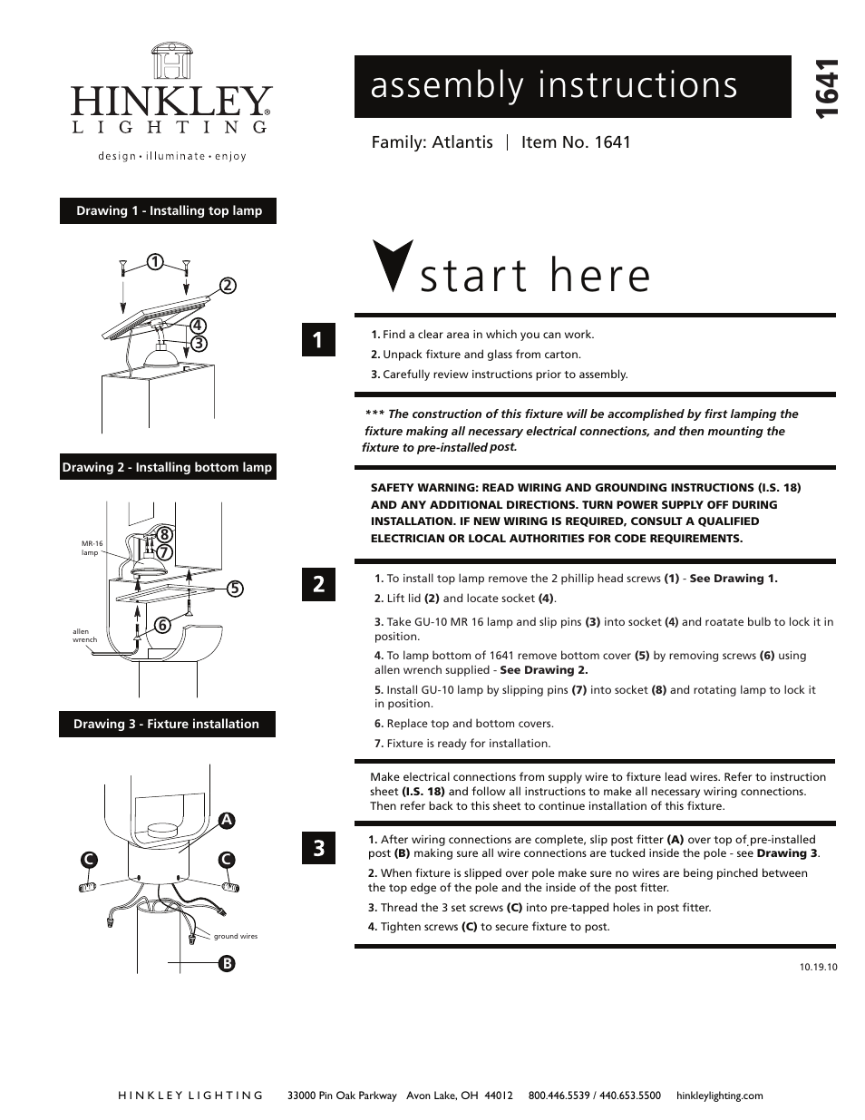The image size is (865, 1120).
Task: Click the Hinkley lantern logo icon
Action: pyautogui.click(x=170, y=62)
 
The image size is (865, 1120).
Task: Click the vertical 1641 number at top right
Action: pyautogui.click(x=827, y=88)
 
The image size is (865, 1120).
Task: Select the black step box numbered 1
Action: pyautogui.click(x=318, y=340)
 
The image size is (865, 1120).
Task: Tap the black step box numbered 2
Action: pyautogui.click(x=318, y=584)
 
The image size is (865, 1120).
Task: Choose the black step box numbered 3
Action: pyautogui.click(x=318, y=848)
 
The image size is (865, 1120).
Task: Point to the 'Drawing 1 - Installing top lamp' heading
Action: pyautogui.click(x=169, y=210)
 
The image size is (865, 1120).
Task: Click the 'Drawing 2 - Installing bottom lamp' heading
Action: pyautogui.click(x=167, y=468)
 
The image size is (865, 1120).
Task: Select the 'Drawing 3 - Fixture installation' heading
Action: pyautogui.click(x=167, y=724)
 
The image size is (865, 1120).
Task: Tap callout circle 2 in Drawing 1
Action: pyautogui.click(x=227, y=285)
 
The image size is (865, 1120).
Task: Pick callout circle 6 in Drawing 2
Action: pyautogui.click(x=162, y=625)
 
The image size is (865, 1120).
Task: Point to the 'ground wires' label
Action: pyautogui.click(x=236, y=936)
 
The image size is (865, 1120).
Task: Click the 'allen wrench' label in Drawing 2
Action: pyautogui.click(x=84, y=636)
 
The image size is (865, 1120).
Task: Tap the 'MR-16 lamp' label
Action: pyautogui.click(x=91, y=548)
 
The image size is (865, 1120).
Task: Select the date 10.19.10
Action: pyautogui.click(x=818, y=967)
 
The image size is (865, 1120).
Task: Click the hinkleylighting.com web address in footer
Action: pyautogui.click(x=720, y=1096)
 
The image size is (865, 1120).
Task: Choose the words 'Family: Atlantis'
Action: pyautogui.click(x=432, y=142)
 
